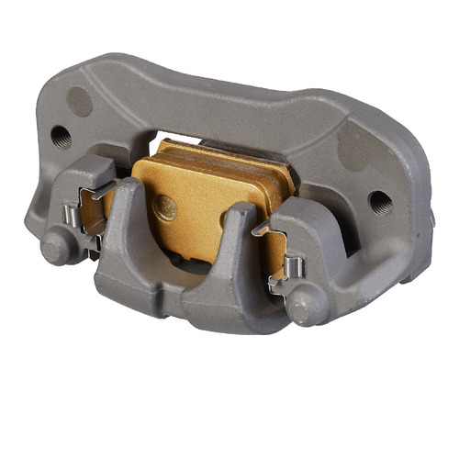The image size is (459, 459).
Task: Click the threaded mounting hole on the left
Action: pos(61,137)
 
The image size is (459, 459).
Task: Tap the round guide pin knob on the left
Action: pos(56,247)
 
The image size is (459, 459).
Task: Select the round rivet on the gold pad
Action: pos(165,207)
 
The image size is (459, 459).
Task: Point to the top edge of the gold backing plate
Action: pos(220,152)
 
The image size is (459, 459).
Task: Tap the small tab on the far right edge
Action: pos(431,218)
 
